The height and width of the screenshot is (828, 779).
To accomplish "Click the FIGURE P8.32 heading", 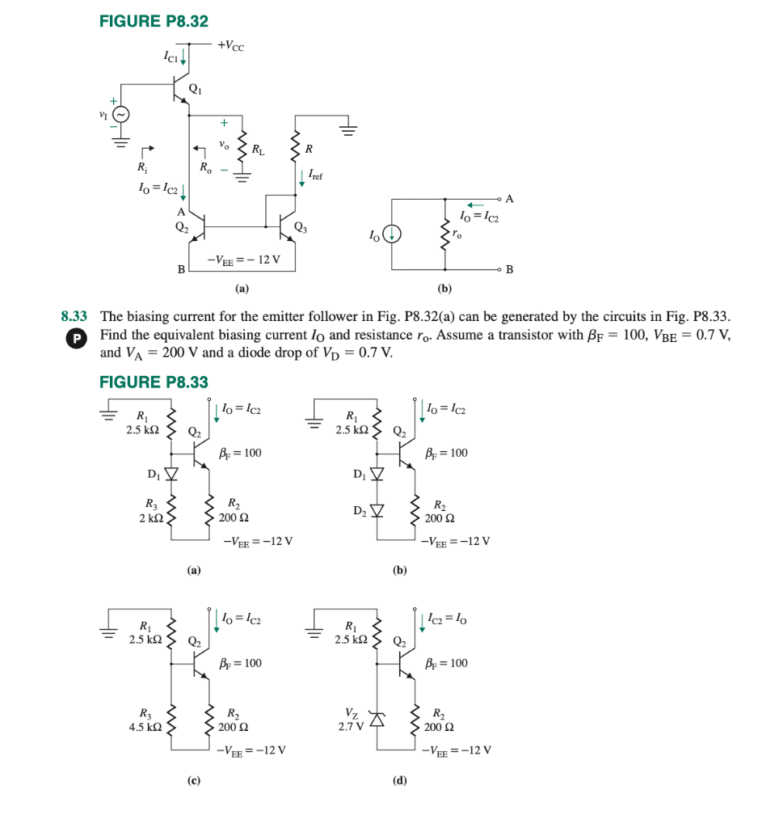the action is pos(154,22).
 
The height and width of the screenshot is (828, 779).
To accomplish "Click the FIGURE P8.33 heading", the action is pos(154,382).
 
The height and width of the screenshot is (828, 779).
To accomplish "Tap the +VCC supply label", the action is pos(230,46).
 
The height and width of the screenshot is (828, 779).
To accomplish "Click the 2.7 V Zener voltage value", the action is pos(349,726).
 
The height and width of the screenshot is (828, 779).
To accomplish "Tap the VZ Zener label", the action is pos(349,713).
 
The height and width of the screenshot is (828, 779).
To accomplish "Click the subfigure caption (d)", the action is pos(399,780).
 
